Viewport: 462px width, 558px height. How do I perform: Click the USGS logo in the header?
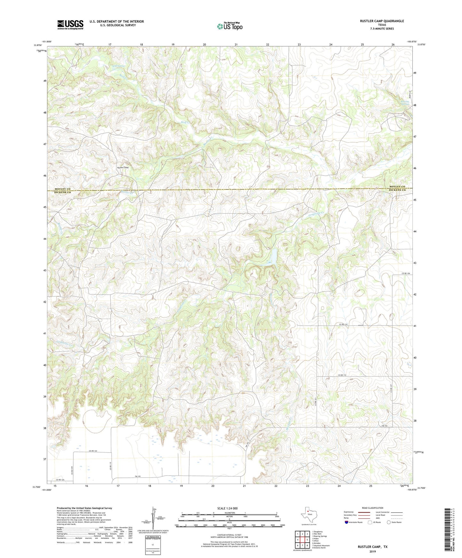click(x=70, y=25)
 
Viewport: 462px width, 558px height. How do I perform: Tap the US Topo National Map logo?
click(x=229, y=26)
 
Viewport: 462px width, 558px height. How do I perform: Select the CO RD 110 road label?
click(x=343, y=324)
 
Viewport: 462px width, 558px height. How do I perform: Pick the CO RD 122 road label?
click(x=93, y=451)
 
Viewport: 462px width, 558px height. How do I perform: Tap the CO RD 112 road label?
click(x=342, y=375)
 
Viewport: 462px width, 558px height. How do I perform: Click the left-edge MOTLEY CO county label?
click(x=62, y=189)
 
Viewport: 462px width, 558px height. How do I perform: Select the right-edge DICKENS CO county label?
click(x=397, y=190)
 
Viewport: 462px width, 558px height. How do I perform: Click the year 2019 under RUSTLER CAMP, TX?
click(x=372, y=552)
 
